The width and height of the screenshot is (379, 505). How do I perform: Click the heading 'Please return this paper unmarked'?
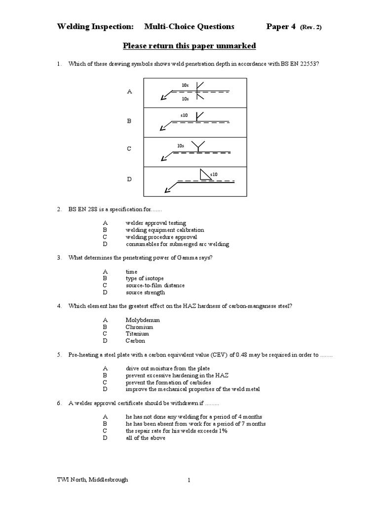189,46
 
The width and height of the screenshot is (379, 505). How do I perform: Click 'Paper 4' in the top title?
281,27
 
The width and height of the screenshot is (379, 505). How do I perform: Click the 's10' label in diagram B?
184,115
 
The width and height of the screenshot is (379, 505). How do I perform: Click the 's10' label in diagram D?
214,174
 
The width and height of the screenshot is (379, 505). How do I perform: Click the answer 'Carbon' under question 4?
135,340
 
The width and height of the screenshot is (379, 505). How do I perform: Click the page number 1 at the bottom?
189,480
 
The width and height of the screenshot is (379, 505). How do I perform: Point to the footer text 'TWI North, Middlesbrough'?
92,480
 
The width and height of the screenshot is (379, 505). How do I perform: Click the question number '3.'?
59,257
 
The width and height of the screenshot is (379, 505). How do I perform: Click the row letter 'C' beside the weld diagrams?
129,148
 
